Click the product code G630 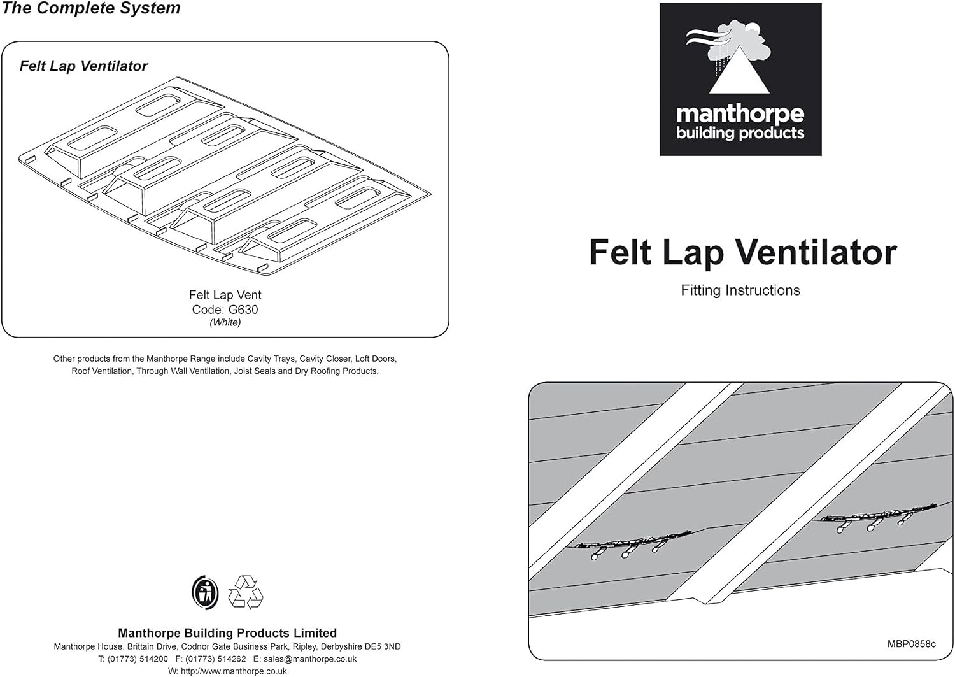(x=243, y=310)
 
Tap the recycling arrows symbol (x=246, y=592)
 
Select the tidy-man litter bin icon (x=205, y=592)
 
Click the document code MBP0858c (x=912, y=644)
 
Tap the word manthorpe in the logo (x=740, y=115)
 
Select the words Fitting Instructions (x=740, y=290)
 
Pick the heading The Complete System (x=91, y=8)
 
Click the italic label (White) (x=225, y=322)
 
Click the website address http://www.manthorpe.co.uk (x=234, y=671)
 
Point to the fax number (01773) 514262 (x=215, y=659)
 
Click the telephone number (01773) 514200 (x=138, y=659)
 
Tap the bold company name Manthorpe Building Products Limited (x=227, y=632)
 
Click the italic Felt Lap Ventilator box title (x=83, y=66)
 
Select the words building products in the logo (x=740, y=133)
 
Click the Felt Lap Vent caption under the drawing (x=225, y=295)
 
